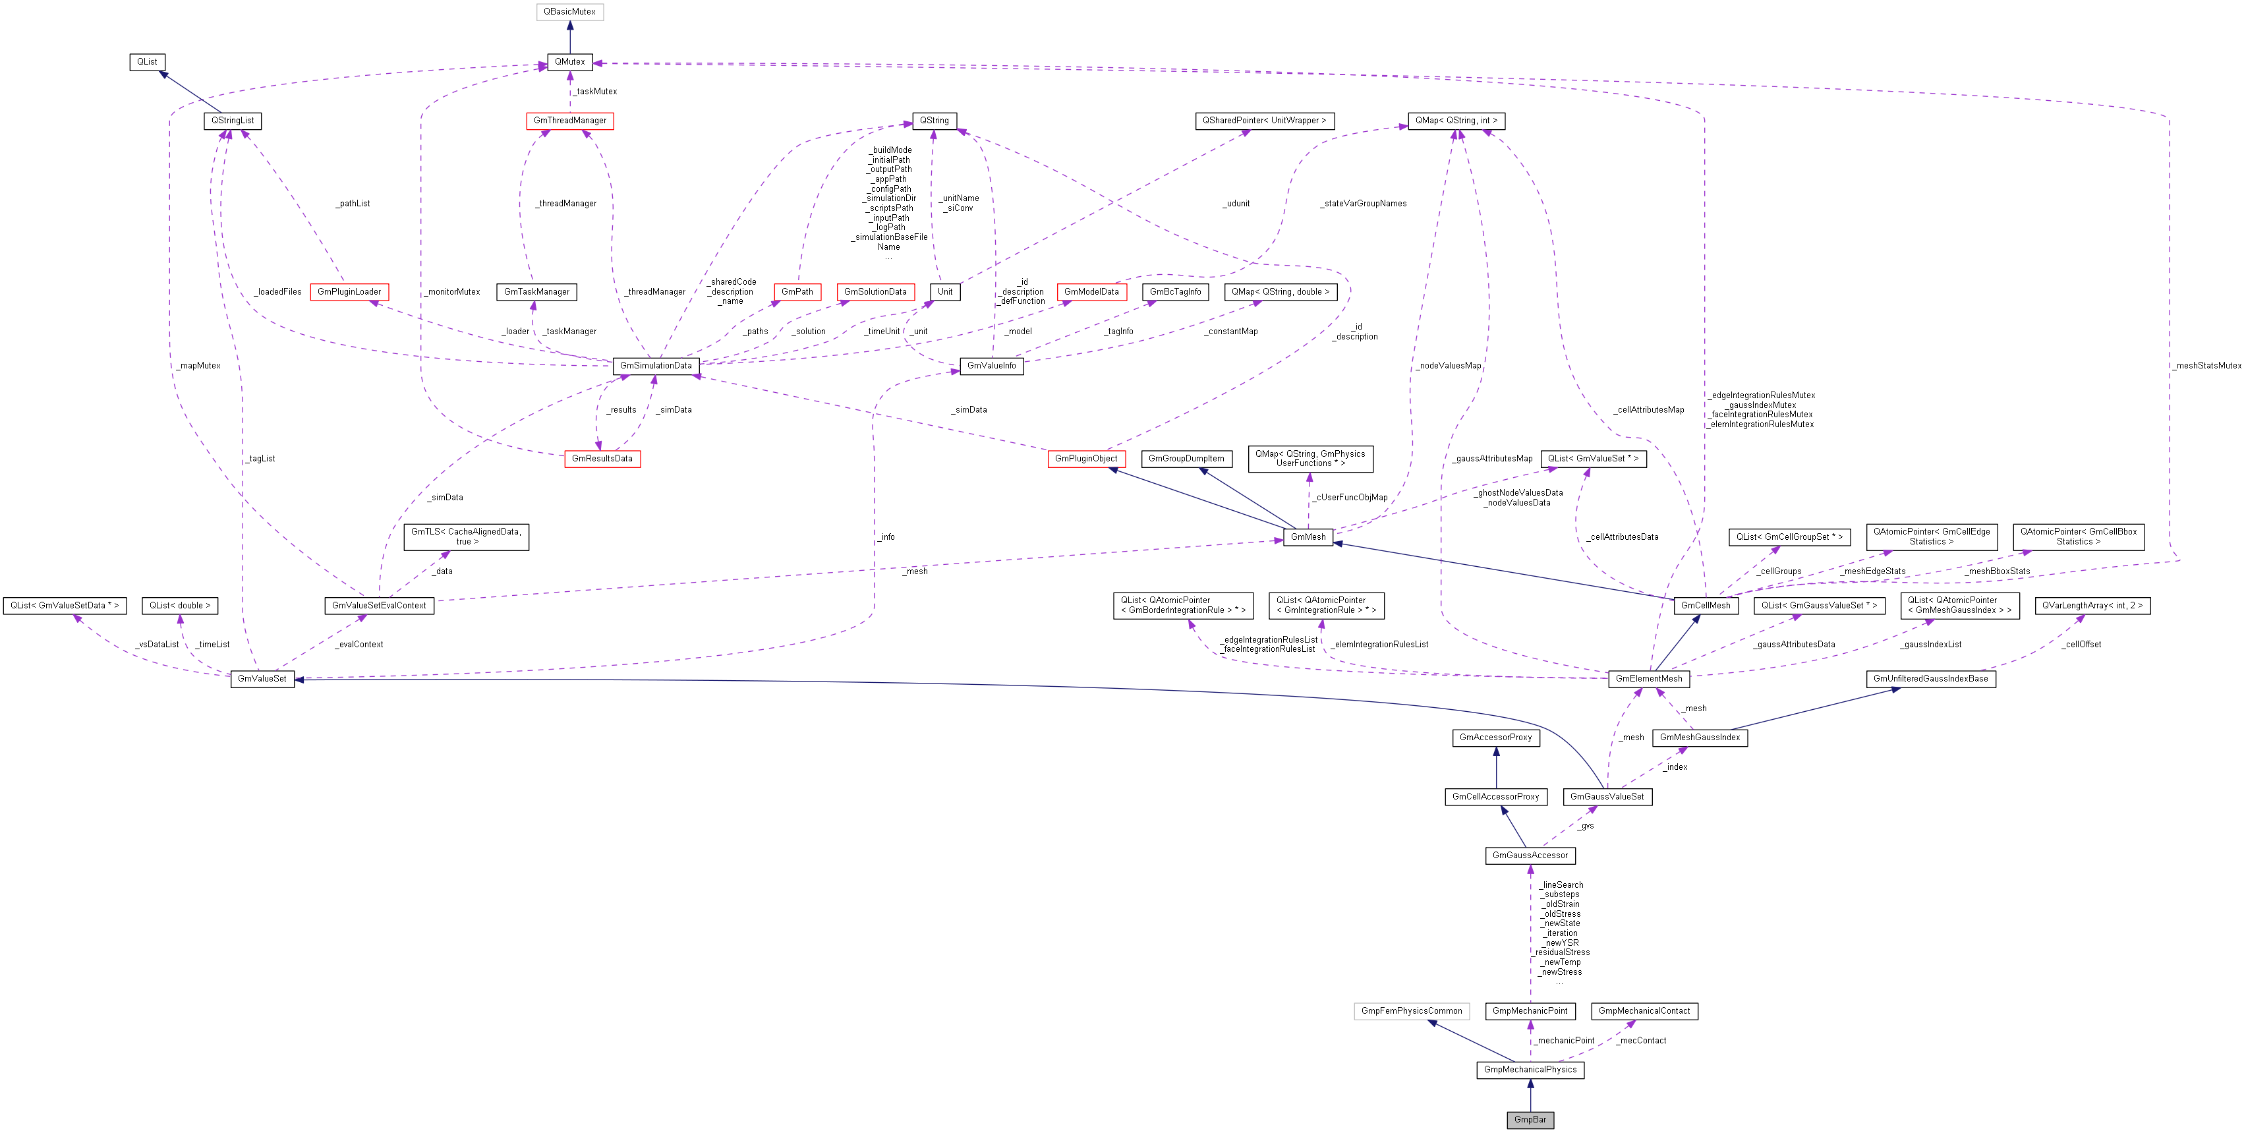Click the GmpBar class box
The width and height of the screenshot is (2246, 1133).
1530,1119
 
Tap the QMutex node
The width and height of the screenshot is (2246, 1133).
569,62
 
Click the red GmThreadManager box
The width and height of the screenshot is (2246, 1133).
569,121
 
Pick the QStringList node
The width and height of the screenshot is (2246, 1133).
233,121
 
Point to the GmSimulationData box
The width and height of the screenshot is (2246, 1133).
656,365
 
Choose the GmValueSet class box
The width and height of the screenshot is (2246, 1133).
262,679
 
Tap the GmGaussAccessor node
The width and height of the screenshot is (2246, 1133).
1530,856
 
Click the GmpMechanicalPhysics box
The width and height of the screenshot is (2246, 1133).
1530,1069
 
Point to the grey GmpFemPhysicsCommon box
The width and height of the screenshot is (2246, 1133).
1412,1011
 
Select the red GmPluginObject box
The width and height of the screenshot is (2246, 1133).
1085,459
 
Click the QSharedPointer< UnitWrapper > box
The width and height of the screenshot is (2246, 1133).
1263,121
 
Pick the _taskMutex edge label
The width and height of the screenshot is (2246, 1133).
596,92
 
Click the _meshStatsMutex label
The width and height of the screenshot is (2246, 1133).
2206,365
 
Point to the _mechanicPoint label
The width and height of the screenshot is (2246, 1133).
1565,1041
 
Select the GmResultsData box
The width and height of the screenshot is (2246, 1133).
602,459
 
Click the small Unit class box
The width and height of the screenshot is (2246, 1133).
945,292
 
